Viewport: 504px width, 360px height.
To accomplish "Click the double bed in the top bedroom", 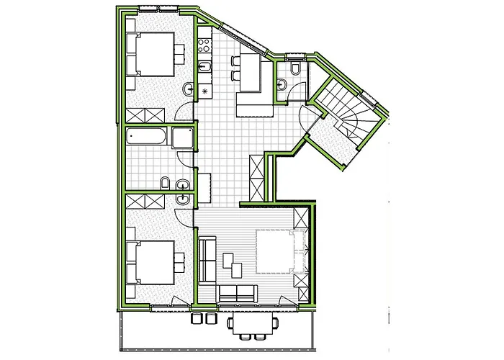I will coord(153,54).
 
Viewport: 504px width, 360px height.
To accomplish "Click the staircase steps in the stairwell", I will coord(346,108).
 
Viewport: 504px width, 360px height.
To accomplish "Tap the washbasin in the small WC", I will coord(283,85).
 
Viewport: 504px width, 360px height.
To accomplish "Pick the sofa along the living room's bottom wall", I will coord(238,293).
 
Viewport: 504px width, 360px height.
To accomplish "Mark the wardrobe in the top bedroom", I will coord(148,115).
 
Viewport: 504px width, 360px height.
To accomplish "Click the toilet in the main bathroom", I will coord(165,184).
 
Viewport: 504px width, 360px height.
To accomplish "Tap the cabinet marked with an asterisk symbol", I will coord(204,91).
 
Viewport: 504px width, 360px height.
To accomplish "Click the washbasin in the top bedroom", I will coord(188,89).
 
